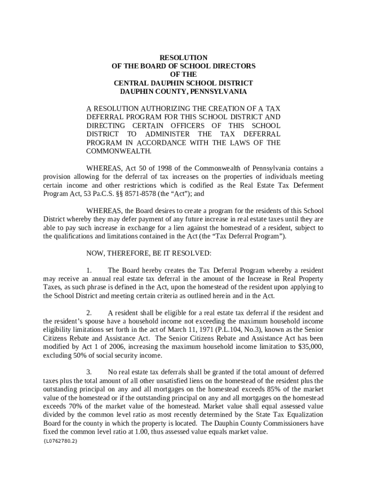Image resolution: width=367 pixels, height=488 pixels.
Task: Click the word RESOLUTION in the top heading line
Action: (183, 58)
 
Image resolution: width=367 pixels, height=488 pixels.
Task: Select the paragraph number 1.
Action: (89, 270)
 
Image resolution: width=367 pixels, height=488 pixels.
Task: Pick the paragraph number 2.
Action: (89, 313)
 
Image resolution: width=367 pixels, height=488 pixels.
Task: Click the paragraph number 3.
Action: (89, 372)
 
